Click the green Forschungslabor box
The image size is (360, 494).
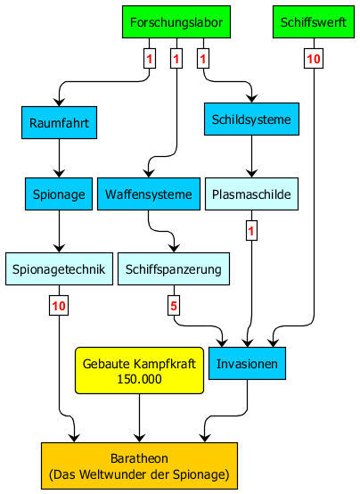[x=176, y=22]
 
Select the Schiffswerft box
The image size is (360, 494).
[x=314, y=22]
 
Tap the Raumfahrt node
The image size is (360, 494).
[x=59, y=122]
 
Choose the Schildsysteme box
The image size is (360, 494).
[x=251, y=119]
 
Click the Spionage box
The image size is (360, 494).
[x=59, y=194]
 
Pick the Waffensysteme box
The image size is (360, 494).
[x=149, y=194]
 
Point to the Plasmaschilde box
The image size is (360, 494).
[x=251, y=194]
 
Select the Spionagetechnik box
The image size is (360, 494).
[x=59, y=269]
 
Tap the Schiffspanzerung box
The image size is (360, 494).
[x=174, y=269]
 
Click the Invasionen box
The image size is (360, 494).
[x=247, y=364]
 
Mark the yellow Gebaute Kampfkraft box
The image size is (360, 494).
[x=139, y=371]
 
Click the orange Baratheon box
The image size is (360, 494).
[x=139, y=466]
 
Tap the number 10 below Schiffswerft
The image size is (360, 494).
[x=314, y=59]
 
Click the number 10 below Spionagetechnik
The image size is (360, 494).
[x=59, y=306]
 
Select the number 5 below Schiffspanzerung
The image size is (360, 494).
[x=174, y=306]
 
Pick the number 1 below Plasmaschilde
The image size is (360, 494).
[x=251, y=231]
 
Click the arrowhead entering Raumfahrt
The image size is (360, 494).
[x=59, y=102]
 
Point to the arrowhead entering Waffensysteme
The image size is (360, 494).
[x=149, y=173]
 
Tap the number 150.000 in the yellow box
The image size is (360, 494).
[x=139, y=379]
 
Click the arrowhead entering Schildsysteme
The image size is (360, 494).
[x=251, y=98]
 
